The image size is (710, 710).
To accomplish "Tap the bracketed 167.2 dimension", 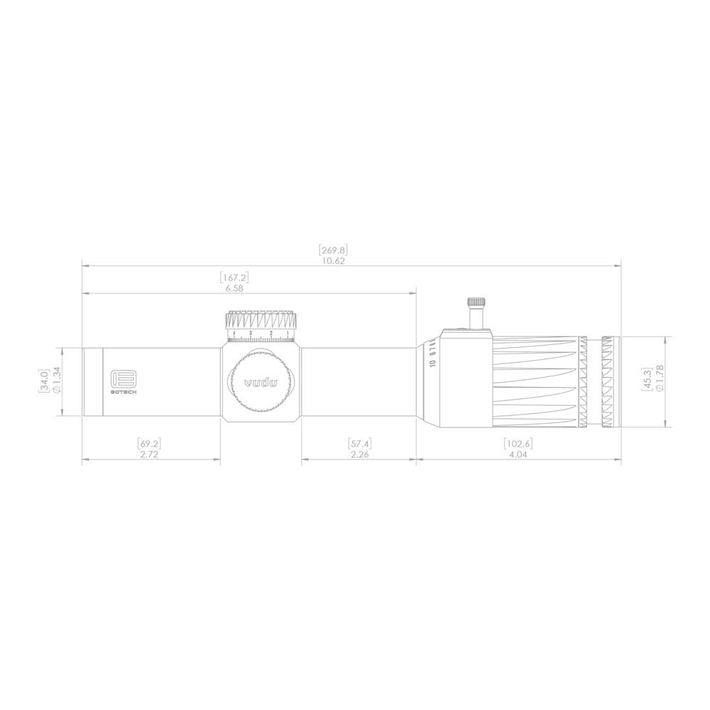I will (235, 278).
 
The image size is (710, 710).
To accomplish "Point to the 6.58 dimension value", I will (235, 288).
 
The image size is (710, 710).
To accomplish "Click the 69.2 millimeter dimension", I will (149, 444).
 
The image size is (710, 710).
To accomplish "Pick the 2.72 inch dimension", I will (149, 454).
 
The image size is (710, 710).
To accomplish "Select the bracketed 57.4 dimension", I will (360, 444).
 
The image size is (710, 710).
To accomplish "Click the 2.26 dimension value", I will (360, 454).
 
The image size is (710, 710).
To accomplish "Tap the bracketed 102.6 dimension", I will (518, 444).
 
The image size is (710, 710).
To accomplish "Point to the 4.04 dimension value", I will (518, 454).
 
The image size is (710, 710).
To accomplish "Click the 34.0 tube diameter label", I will (44, 382).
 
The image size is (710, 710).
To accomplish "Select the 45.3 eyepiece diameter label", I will (646, 381).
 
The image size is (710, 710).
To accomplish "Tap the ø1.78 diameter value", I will (660, 381).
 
